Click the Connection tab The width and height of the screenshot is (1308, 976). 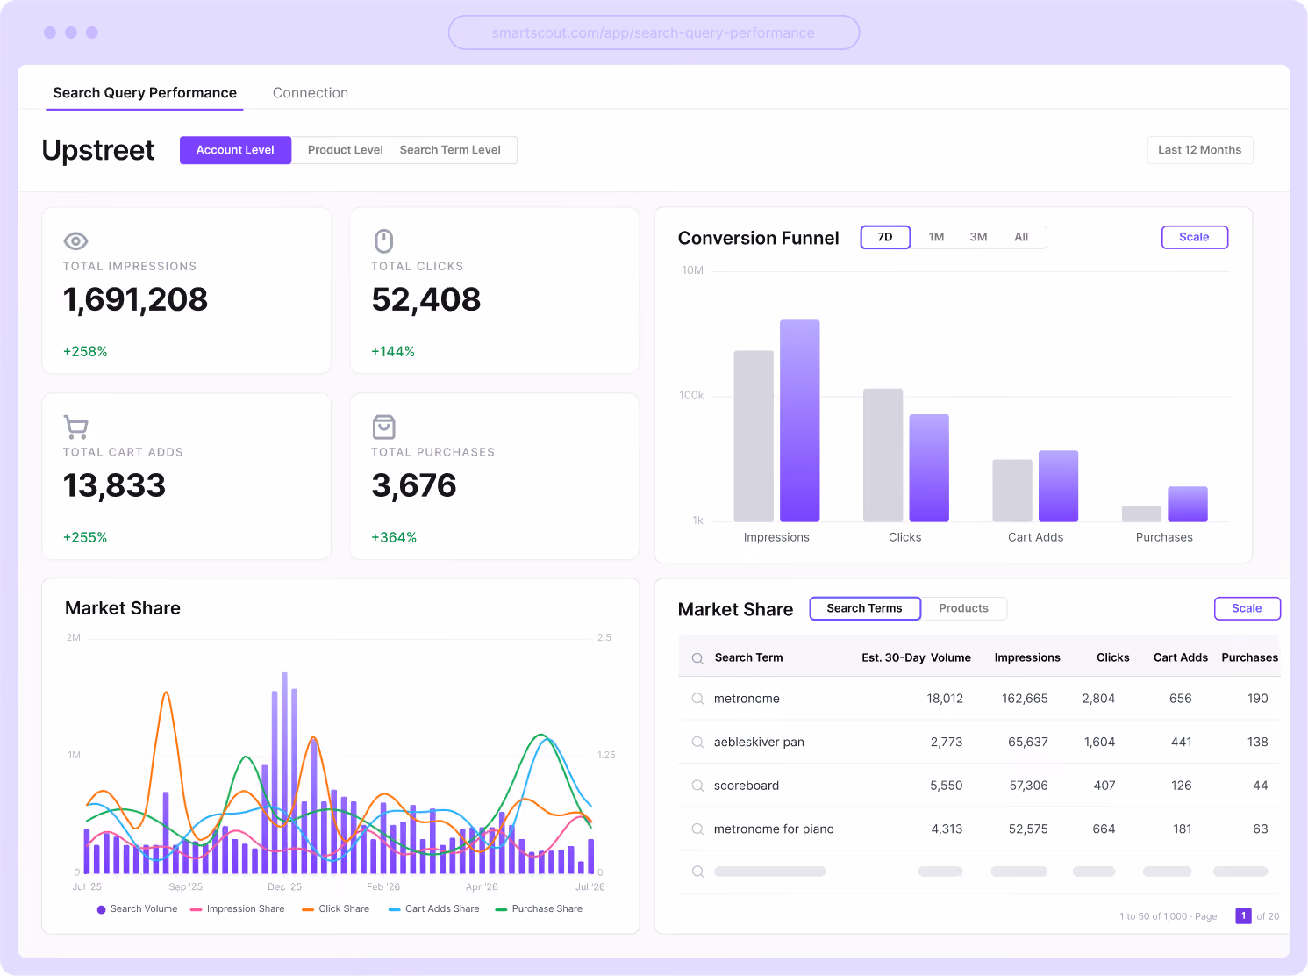(x=310, y=93)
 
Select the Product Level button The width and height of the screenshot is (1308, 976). (x=345, y=150)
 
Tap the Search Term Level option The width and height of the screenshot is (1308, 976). (x=450, y=150)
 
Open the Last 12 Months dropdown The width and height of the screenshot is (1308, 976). (x=1199, y=150)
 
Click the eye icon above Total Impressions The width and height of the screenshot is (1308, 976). (x=75, y=240)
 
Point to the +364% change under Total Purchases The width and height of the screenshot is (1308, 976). (x=393, y=537)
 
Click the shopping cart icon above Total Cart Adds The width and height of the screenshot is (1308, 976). (x=75, y=427)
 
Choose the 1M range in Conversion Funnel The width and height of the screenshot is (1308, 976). (x=935, y=237)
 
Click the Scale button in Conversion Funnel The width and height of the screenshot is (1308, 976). (x=1194, y=237)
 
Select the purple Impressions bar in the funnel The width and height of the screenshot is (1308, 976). (x=800, y=421)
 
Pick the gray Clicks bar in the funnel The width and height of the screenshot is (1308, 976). (x=883, y=456)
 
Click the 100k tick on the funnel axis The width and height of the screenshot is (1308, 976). (x=691, y=395)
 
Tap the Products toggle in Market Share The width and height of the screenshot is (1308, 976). (x=963, y=608)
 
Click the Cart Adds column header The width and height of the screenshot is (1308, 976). (x=1180, y=657)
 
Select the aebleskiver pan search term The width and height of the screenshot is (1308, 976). (x=759, y=742)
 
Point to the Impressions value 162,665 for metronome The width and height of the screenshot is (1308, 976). (x=1025, y=698)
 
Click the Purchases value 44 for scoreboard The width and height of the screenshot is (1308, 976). (x=1260, y=786)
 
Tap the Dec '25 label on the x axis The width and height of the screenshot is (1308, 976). (x=284, y=886)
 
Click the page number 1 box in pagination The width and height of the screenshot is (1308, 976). (x=1243, y=915)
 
